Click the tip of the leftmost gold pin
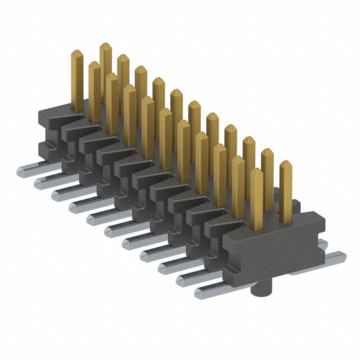pyautogui.click(x=77, y=53)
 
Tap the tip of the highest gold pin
pyautogui.click(x=105, y=46)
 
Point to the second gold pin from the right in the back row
pyautogui.click(x=267, y=174)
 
